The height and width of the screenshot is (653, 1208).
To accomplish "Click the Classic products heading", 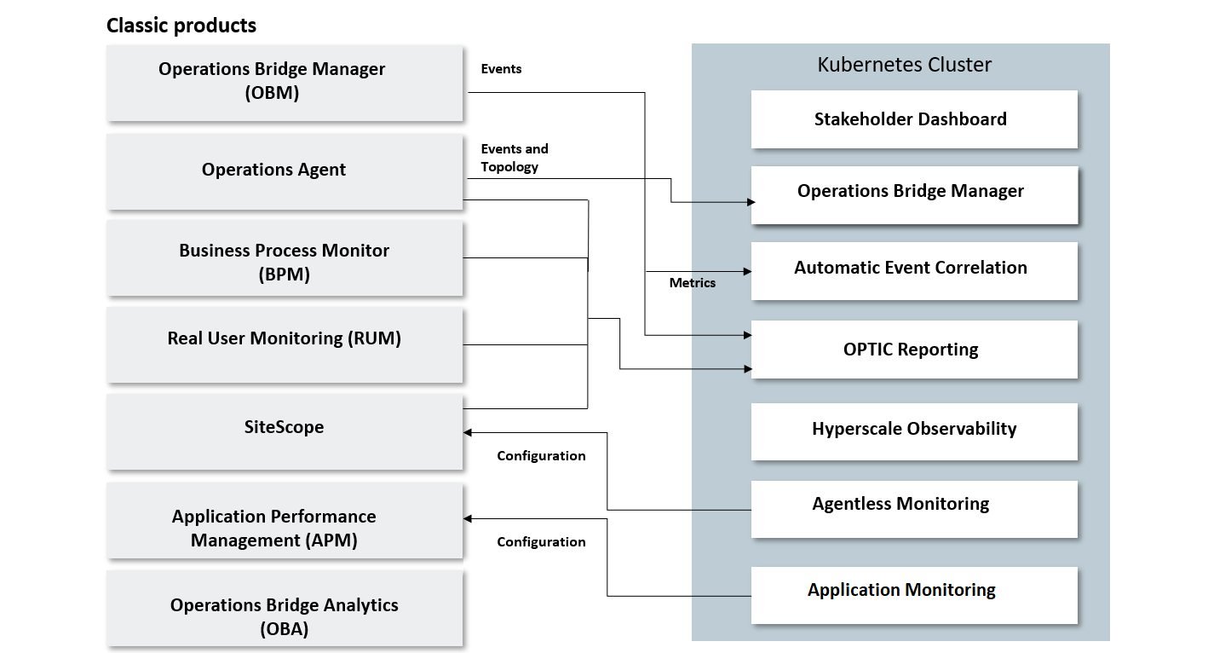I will (181, 26).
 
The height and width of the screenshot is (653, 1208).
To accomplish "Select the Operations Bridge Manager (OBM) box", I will (285, 82).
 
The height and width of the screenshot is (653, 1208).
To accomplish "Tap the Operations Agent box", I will (285, 170).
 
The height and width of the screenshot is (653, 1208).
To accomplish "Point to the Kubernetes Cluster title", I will (904, 65).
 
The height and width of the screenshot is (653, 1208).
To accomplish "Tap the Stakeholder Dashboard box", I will (913, 119).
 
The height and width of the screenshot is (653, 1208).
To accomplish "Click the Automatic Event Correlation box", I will (913, 269).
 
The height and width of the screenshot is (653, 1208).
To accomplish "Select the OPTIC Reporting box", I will (913, 350).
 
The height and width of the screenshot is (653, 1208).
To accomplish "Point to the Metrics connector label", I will (692, 283).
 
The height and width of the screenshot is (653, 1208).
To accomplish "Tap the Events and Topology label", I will (514, 158).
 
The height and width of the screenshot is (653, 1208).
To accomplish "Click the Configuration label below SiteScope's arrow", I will (541, 456).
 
